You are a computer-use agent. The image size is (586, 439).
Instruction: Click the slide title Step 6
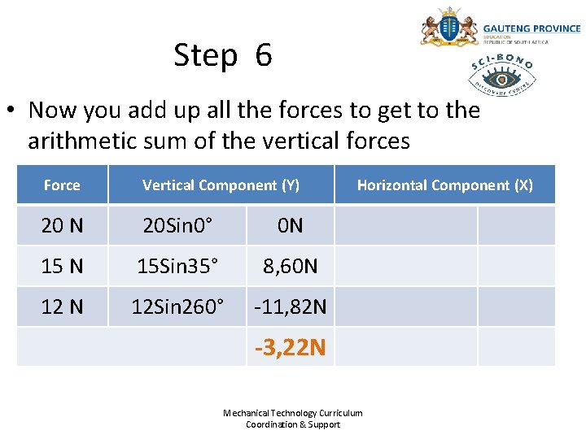click(223, 56)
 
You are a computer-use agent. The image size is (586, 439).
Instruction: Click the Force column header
click(62, 185)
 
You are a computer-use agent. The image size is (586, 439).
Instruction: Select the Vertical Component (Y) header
click(221, 185)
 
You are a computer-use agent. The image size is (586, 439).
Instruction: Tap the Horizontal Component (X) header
click(444, 185)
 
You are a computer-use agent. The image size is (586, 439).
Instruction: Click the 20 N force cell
click(62, 225)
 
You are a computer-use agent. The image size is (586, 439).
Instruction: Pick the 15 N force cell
click(62, 266)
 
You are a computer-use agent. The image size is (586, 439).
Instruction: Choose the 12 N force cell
click(62, 306)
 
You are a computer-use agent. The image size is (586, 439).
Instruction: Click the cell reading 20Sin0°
click(177, 225)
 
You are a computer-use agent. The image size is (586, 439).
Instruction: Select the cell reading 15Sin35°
click(177, 266)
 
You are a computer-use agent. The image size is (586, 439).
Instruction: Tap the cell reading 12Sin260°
click(177, 306)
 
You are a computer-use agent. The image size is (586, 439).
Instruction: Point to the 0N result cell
click(290, 225)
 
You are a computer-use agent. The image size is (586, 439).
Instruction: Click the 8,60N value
click(290, 266)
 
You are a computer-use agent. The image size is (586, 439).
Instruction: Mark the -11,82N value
click(290, 306)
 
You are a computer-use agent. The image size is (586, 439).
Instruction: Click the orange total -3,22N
click(290, 348)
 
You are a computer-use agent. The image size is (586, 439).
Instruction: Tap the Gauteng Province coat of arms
click(448, 28)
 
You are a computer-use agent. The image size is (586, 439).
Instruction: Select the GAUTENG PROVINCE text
click(531, 28)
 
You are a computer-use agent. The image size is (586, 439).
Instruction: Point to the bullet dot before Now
click(14, 110)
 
